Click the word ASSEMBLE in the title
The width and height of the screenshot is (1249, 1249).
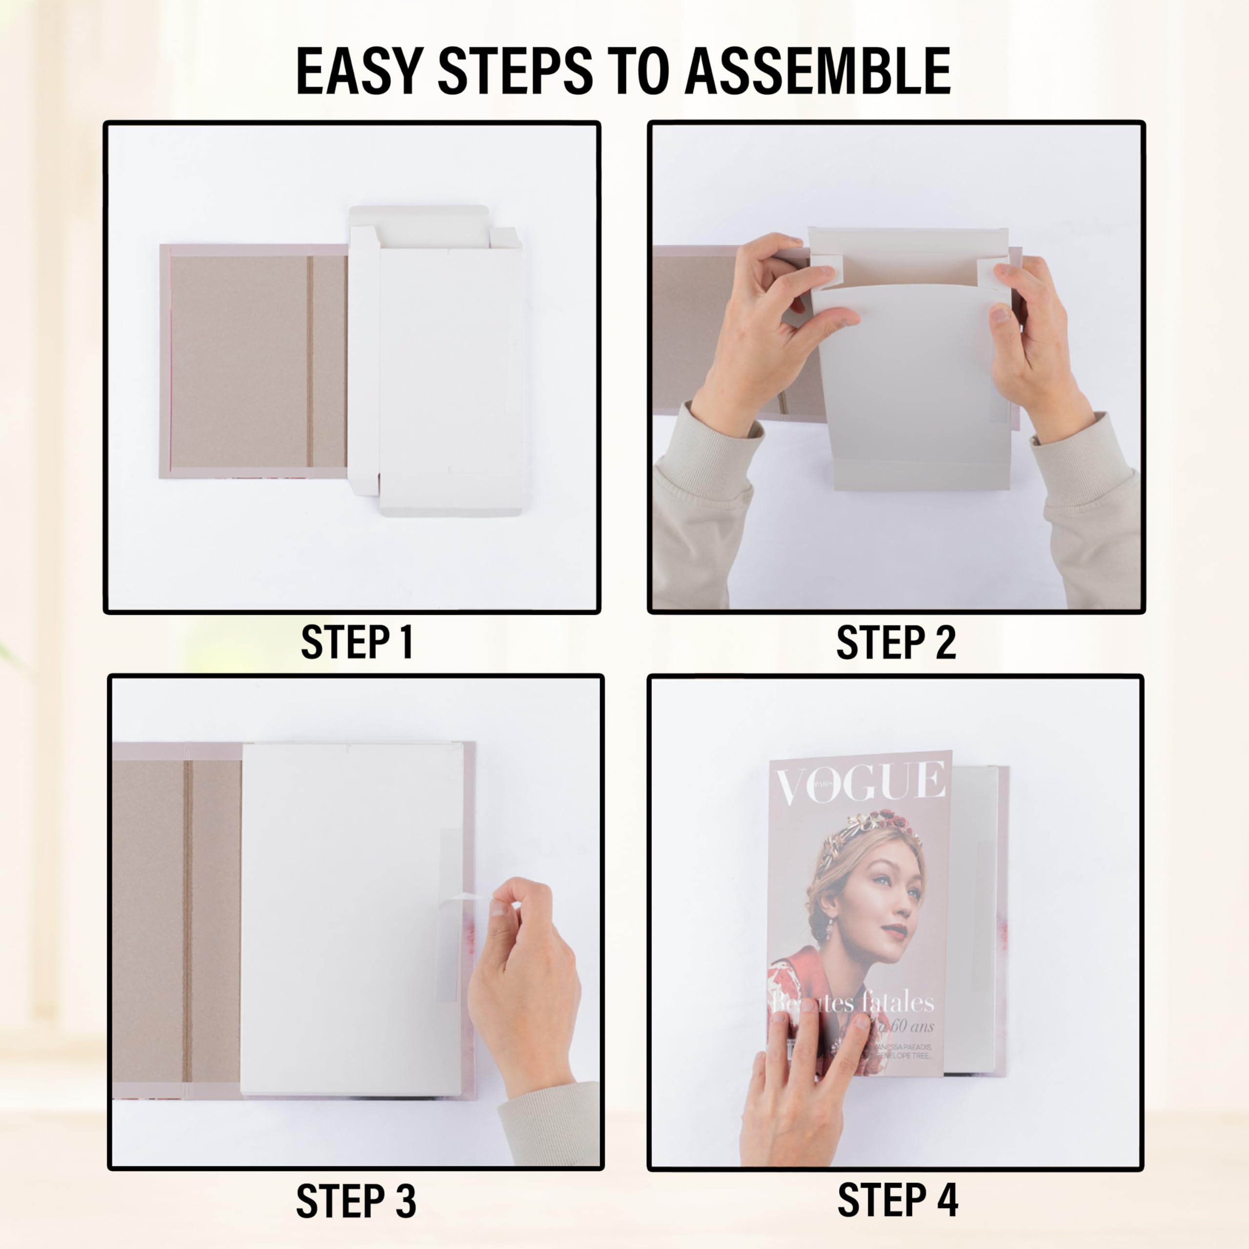[x=817, y=71]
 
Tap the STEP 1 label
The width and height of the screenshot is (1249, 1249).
[x=357, y=643]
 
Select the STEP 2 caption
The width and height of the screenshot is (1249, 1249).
[x=895, y=643]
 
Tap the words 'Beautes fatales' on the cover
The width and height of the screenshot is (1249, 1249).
[x=853, y=1003]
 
